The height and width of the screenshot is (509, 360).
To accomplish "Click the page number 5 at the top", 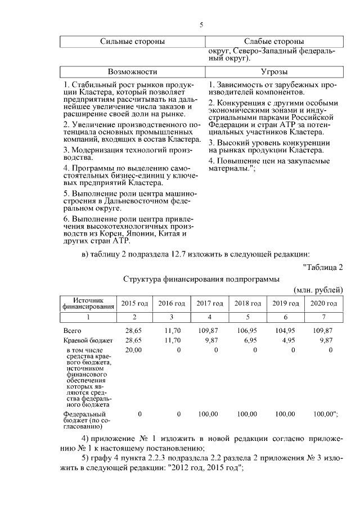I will (x=201, y=25).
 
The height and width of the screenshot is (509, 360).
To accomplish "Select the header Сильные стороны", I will (x=132, y=42).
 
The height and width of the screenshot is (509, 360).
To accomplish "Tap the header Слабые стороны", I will (x=274, y=42).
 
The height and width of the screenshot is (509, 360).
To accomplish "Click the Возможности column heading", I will (x=132, y=72).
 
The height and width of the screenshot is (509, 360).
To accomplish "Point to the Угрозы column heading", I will (x=274, y=72).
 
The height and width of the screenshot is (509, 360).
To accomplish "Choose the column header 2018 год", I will (x=247, y=304).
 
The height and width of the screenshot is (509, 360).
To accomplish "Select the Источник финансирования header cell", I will (x=87, y=304).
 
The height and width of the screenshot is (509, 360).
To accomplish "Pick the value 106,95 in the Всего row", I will (x=247, y=331).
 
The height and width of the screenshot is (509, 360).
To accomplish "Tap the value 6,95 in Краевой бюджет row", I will (x=251, y=340).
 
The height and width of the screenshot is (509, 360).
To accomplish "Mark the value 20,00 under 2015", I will (x=133, y=350).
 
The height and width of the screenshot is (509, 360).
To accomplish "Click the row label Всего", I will (x=73, y=331).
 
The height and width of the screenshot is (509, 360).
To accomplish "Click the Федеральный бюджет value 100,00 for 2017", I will (x=208, y=414).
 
